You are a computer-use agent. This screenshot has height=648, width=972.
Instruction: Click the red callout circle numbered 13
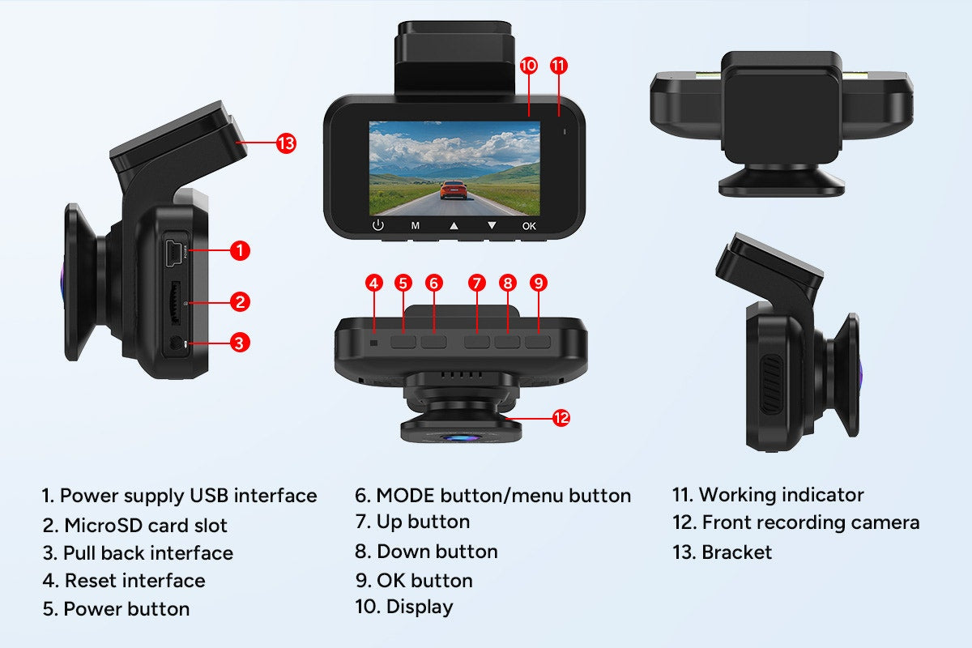pos(285,144)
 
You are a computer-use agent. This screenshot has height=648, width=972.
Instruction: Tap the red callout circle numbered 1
pos(240,250)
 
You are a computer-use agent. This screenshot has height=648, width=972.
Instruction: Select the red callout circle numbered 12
pos(561,418)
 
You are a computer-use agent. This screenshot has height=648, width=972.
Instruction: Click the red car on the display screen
pos(455,190)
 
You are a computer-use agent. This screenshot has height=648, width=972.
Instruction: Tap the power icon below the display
pos(377,226)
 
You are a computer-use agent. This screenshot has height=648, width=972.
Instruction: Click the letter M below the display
pos(415,227)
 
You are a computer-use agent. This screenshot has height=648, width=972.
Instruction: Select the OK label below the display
pos(529,227)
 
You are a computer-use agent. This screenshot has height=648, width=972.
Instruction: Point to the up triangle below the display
pos(454,226)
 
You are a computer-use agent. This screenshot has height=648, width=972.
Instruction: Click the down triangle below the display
pos(491,226)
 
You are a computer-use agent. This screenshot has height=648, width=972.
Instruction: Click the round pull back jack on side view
pos(176,344)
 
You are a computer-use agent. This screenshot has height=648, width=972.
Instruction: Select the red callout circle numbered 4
pos(373,283)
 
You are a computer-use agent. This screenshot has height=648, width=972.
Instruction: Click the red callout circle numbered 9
pos(539,283)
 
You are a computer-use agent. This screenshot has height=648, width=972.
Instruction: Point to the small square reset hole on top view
pos(374,342)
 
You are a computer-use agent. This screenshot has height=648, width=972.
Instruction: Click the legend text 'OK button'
pos(424,580)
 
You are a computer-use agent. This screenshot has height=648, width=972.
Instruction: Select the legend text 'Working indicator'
pos(781,495)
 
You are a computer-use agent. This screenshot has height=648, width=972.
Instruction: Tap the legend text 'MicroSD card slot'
pos(146,525)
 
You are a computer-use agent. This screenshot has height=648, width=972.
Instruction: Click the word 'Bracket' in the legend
pos(737,552)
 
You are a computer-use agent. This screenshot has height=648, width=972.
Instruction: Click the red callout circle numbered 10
pos(529,66)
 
